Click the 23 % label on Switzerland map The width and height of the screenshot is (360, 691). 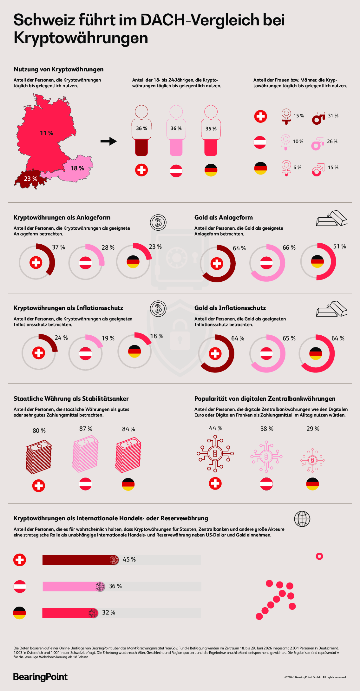[x=31, y=179]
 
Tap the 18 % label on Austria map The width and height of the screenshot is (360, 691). [x=77, y=168]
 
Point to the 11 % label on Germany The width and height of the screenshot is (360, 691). [x=47, y=133]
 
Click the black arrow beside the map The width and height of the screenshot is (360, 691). [x=109, y=141]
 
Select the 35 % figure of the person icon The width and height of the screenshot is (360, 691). [x=211, y=129]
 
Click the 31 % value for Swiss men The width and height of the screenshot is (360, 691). [x=333, y=116]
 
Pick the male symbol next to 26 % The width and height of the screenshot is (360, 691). [x=317, y=144]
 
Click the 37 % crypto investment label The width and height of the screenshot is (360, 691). [x=59, y=247]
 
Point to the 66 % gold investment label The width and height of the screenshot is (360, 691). [x=289, y=247]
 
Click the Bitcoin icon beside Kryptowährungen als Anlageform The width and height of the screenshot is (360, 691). [x=158, y=222]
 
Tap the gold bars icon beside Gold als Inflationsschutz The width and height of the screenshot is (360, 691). [x=332, y=309]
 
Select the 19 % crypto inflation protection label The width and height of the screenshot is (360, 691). [x=108, y=339]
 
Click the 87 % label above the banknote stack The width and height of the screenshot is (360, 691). [x=86, y=429]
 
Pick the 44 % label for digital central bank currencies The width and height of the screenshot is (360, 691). [x=216, y=428]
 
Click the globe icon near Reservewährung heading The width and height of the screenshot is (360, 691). [x=302, y=519]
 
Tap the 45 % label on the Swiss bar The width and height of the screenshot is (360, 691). [x=129, y=560]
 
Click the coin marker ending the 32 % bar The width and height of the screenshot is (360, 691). [x=93, y=613]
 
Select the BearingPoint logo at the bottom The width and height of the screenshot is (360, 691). [x=40, y=677]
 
